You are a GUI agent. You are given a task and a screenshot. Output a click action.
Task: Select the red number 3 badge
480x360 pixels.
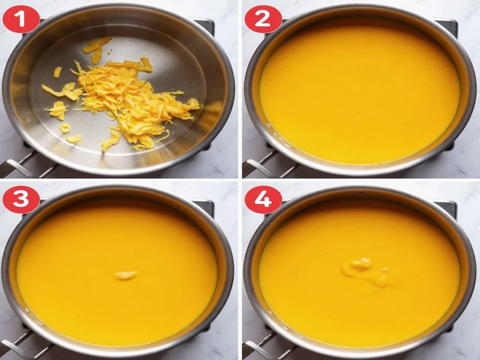(x=21, y=199)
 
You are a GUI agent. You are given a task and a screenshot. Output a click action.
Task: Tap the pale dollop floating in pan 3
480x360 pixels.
(x=126, y=275)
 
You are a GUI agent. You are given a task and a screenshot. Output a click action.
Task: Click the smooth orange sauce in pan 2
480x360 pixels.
(x=360, y=90)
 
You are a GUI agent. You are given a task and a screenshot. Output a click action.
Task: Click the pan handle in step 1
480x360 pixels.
(x=18, y=165)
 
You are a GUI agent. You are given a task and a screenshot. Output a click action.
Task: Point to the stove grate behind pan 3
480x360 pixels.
(x=205, y=207)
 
